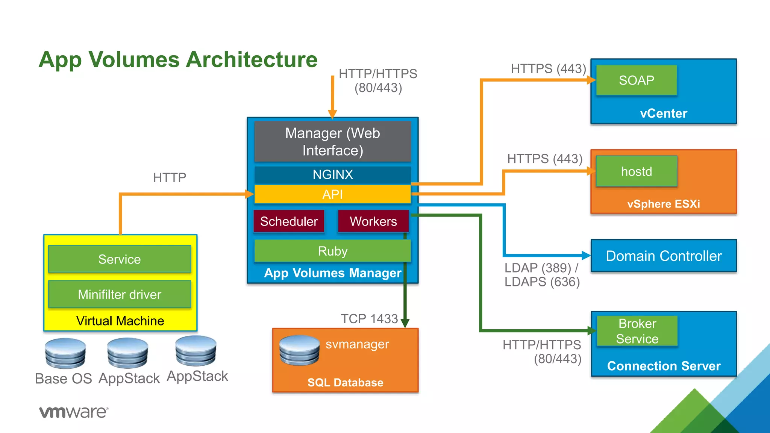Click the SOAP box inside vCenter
(636, 80)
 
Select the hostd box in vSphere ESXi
(636, 171)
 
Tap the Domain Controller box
(664, 256)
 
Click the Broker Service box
(637, 331)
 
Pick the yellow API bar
(332, 194)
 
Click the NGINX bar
(332, 174)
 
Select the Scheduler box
(289, 221)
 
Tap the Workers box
(373, 221)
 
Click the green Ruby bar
(332, 251)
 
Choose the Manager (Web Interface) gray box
(332, 142)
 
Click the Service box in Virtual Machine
(120, 259)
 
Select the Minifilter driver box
(120, 294)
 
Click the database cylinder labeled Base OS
(65, 353)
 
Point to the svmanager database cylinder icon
(299, 350)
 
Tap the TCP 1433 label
(369, 319)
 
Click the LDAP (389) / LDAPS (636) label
(541, 275)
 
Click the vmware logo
(74, 412)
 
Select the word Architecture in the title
(252, 59)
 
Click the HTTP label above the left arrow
(170, 177)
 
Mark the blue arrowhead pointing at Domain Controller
(586, 256)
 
